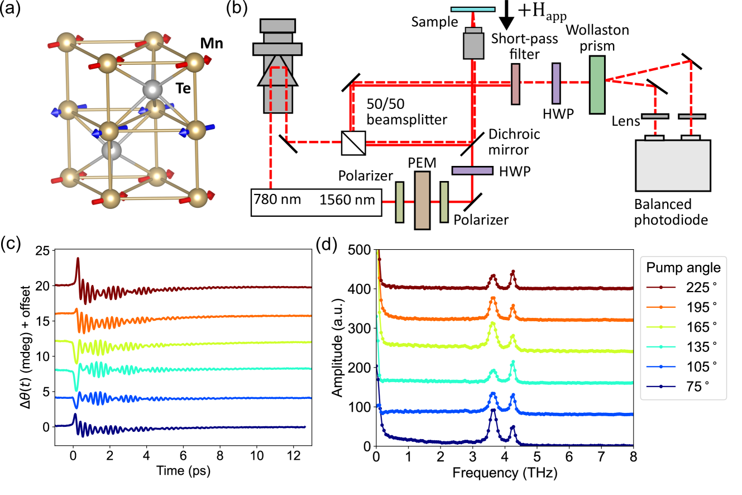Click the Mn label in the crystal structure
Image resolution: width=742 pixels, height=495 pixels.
212,42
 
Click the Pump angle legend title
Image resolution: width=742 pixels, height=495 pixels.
683,268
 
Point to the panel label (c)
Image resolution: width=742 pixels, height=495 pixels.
12,244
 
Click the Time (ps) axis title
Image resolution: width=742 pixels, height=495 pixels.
183,471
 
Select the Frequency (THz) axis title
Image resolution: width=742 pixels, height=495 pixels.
505,473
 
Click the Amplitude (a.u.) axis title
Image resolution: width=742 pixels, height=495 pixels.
337,348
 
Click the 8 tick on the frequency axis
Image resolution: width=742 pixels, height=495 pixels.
633,456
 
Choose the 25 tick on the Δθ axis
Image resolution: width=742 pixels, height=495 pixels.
42,250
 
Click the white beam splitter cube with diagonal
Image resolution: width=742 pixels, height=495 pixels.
353,143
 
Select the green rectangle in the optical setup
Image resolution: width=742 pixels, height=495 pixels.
597,85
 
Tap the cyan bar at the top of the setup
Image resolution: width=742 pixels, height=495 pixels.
473,9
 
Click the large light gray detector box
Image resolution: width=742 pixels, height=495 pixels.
673,165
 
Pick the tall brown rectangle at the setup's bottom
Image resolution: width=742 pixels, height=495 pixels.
422,201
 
